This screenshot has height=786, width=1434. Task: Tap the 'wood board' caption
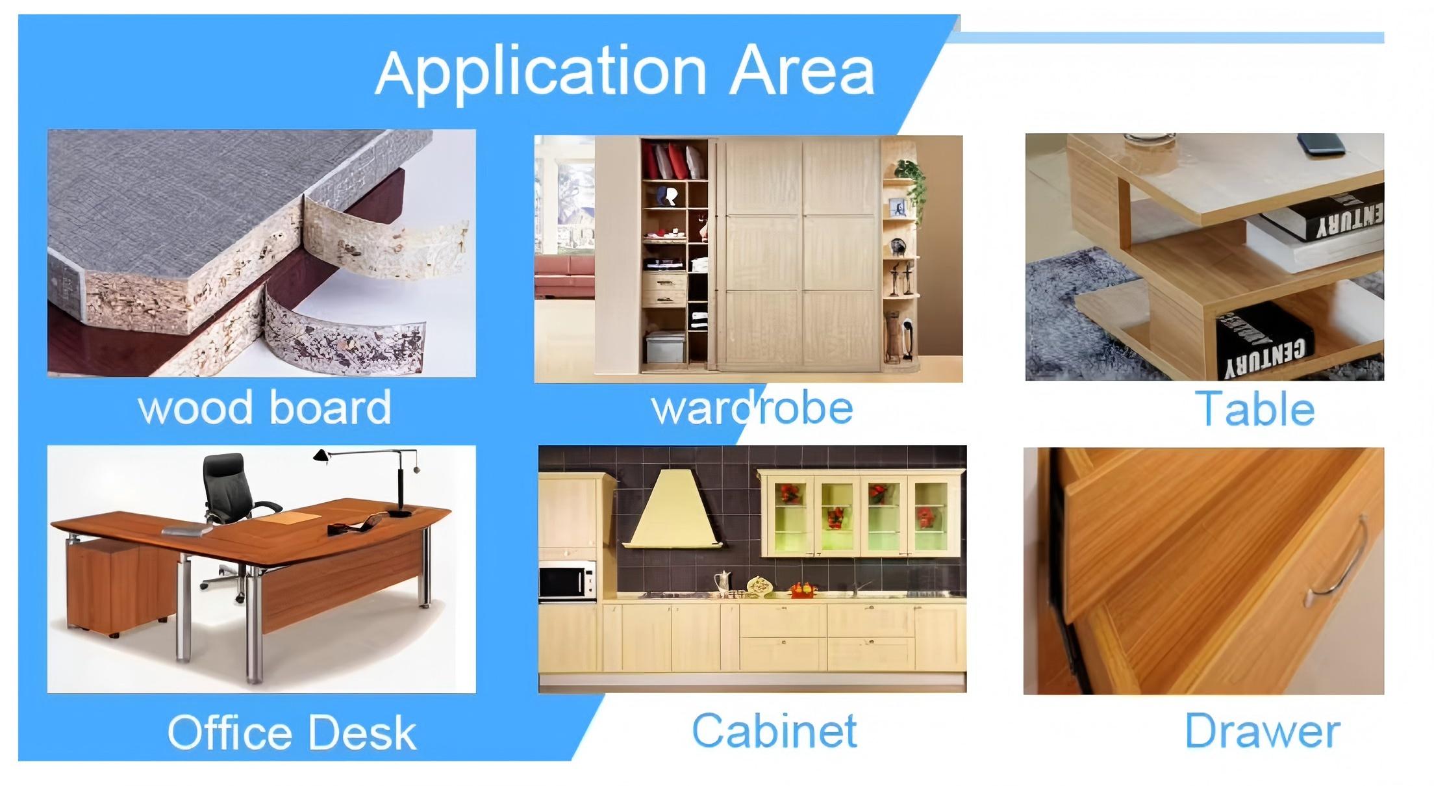pos(265,408)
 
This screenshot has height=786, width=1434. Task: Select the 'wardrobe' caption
pos(752,408)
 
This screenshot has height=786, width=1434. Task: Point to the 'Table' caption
pos(1255,409)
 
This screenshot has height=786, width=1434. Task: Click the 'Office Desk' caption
pos(292,732)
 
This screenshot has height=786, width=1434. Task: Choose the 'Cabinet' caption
pos(774,730)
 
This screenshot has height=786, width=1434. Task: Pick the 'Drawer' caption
pos(1263,731)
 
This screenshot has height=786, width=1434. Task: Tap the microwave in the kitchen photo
pos(566,581)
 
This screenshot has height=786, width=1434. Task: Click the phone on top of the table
pos(1322,144)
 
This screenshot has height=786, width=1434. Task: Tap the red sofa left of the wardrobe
pos(564,275)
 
